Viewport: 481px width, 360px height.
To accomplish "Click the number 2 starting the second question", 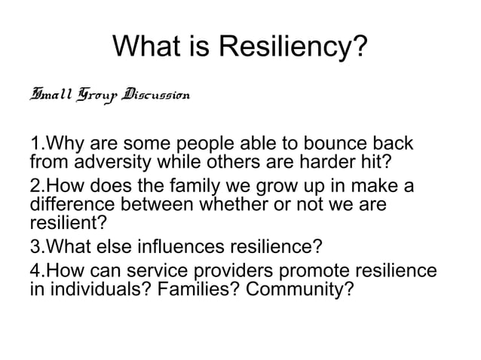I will pyautogui.click(x=35, y=187).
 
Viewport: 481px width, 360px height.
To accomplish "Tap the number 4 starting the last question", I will pyautogui.click(x=35, y=271).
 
